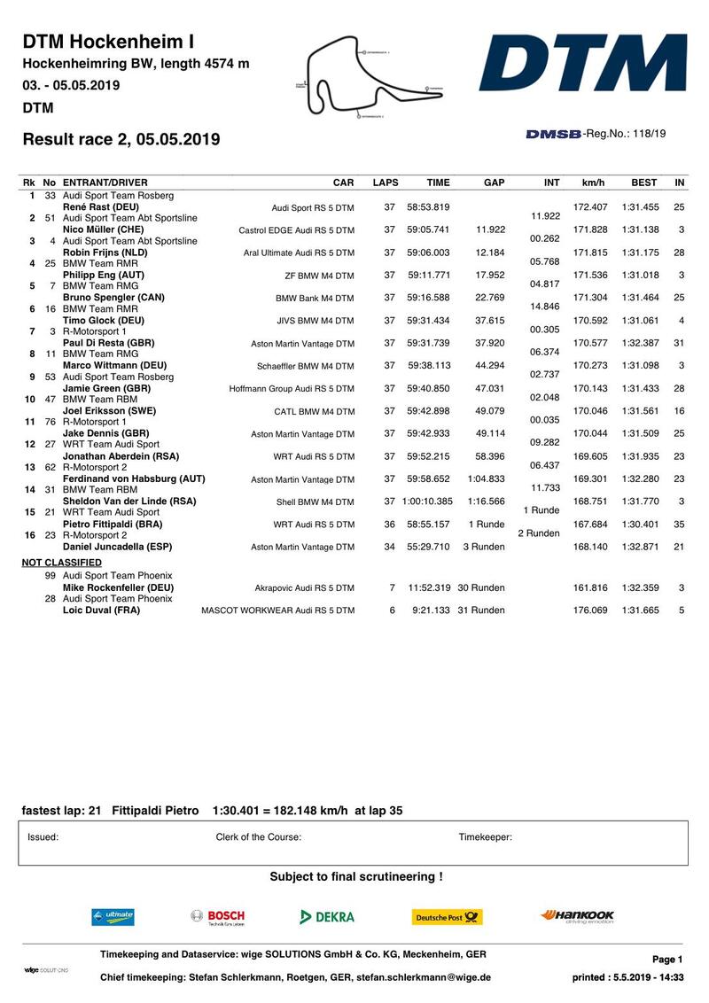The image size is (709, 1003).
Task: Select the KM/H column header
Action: tap(593, 183)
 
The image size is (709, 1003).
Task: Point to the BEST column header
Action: tap(643, 183)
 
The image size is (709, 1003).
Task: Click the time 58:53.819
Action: tap(428, 206)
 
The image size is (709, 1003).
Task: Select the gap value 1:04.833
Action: tap(487, 478)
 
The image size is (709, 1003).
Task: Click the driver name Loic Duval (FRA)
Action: tap(101, 610)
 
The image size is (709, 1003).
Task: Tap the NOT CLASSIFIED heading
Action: tap(61, 563)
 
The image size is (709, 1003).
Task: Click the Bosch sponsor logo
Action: tap(218, 916)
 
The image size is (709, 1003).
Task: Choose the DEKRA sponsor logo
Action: tap(327, 917)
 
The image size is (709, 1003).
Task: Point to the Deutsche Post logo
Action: tap(447, 917)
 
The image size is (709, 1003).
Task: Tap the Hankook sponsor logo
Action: tap(577, 916)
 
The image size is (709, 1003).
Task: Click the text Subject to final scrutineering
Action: tap(356, 877)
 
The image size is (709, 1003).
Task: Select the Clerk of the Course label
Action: tap(259, 836)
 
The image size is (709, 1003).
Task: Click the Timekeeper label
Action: tap(485, 836)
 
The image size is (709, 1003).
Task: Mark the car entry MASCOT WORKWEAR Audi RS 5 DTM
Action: tap(277, 610)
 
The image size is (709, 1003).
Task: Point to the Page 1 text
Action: tap(667, 960)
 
